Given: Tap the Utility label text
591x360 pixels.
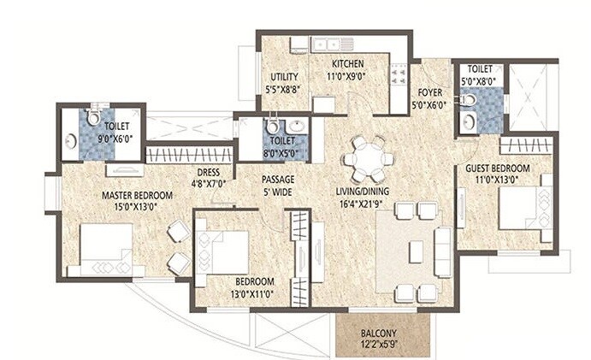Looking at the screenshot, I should point(284,77).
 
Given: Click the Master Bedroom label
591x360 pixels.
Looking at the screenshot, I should point(138,196).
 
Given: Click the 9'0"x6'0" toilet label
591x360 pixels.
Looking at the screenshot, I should point(115,131).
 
